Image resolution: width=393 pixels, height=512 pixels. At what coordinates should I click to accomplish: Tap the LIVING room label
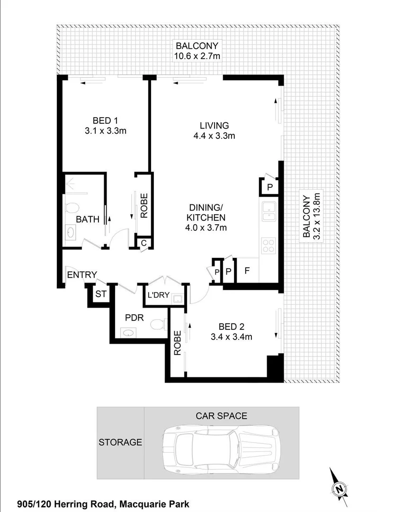coord(214,126)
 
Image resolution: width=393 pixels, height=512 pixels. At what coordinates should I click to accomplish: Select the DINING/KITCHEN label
coord(206,212)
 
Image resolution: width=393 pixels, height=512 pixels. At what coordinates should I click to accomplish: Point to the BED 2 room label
coord(232,327)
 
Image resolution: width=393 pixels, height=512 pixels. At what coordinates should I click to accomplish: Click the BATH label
coord(88,219)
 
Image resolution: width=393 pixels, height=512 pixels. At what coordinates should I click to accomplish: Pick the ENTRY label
coord(82,274)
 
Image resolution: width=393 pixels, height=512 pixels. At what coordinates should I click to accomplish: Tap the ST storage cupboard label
coord(101,294)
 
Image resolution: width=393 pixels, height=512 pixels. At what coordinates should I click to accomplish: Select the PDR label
coord(134,318)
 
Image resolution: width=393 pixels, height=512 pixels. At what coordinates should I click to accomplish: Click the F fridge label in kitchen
coord(247,272)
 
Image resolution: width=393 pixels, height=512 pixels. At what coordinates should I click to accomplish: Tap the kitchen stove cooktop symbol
coord(268,245)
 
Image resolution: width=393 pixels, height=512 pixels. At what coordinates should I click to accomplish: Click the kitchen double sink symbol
coord(268,211)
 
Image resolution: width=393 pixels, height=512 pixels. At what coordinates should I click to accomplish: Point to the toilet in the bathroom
coord(72,208)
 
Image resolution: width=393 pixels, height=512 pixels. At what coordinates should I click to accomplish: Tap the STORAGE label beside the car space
coord(120,442)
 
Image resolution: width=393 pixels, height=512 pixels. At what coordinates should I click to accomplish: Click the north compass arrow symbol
coord(338,487)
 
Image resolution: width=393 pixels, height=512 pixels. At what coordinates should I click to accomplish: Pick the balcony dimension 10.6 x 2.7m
coord(197,56)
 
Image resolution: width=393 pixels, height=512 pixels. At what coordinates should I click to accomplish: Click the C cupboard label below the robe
coord(143,243)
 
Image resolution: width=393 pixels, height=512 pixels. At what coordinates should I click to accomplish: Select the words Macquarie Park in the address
coord(154,504)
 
